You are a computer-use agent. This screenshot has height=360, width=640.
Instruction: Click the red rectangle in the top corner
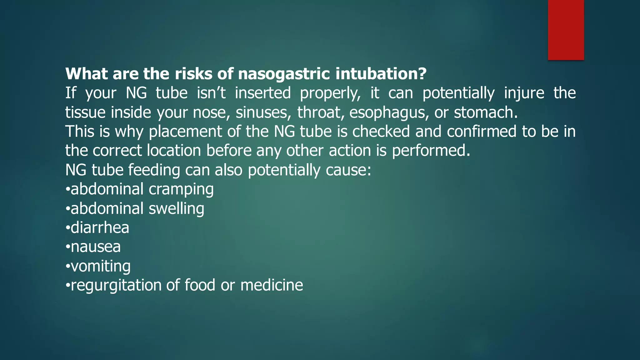point(566,30)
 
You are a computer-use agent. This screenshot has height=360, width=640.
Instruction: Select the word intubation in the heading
point(381,74)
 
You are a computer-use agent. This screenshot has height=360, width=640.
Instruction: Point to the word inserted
point(262,93)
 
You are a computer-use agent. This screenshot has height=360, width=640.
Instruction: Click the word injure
point(524,93)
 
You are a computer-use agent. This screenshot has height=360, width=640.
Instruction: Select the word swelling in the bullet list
point(176,209)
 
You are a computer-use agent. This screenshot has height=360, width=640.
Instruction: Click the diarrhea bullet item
point(99,228)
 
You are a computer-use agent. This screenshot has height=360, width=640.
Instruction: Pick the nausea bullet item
point(95,247)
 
